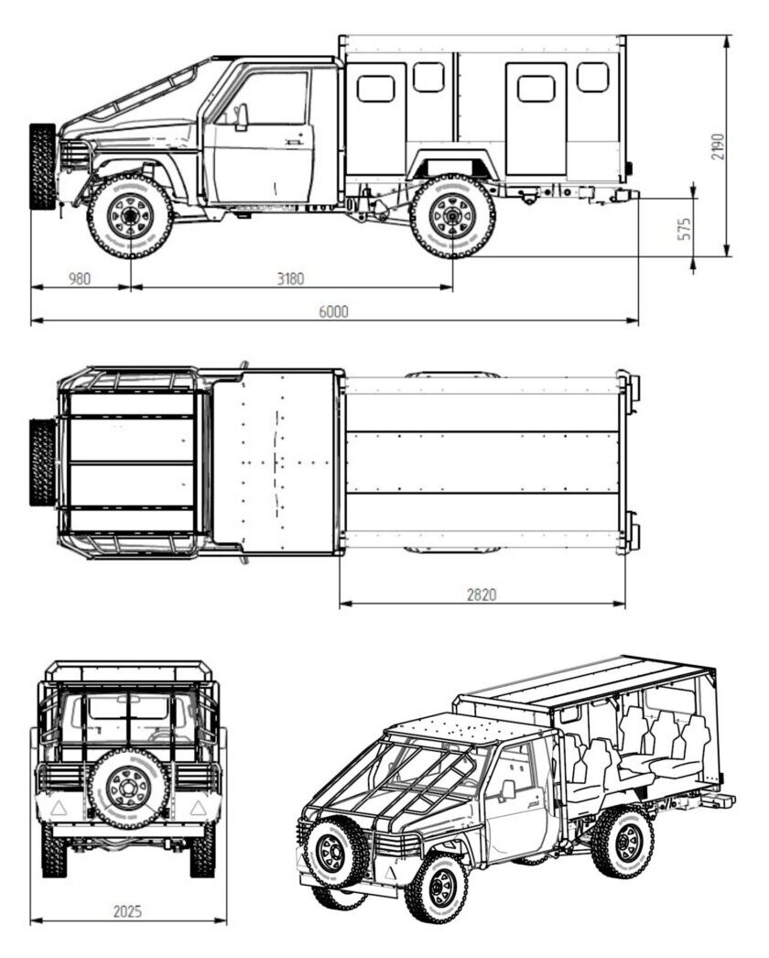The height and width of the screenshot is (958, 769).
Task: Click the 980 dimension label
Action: (80, 278)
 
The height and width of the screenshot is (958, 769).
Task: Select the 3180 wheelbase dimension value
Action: (290, 278)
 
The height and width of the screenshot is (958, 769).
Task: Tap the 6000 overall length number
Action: (333, 311)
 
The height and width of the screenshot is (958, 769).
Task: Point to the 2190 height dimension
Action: (719, 147)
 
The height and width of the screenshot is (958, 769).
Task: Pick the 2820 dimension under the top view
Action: (482, 593)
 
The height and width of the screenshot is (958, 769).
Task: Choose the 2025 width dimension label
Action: (127, 911)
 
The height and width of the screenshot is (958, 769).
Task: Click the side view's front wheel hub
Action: (130, 215)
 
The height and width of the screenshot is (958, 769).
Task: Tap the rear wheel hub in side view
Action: (452, 215)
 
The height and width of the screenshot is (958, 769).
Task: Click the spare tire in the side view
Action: (42, 166)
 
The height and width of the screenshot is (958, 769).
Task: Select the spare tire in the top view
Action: (42, 463)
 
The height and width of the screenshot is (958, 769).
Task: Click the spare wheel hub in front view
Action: (128, 789)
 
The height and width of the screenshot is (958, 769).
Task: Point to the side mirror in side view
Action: (242, 116)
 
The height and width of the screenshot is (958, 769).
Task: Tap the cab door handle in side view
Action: (295, 141)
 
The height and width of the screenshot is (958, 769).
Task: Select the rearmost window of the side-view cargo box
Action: (592, 77)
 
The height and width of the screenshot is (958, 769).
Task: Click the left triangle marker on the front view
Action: (59, 809)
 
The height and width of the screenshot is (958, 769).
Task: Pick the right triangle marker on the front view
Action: (197, 809)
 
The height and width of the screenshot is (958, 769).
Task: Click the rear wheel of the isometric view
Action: (623, 843)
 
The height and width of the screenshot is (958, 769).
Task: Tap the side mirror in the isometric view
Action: (507, 789)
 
